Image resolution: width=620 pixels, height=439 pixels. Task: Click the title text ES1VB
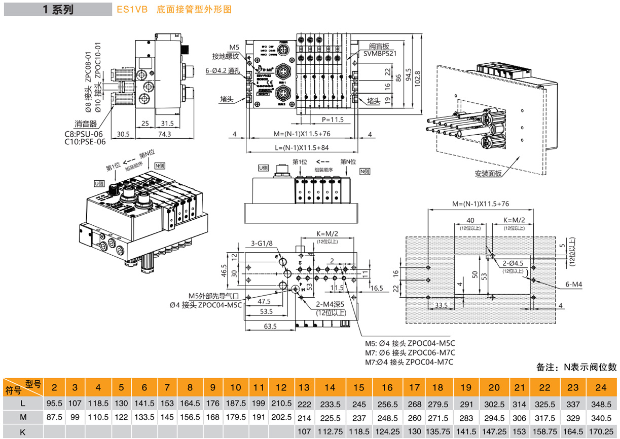[x=127, y=10]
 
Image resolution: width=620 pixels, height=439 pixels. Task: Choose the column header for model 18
[x=437, y=387]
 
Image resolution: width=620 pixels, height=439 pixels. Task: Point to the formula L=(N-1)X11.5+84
[x=302, y=147]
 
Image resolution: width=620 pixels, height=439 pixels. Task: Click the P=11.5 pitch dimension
[x=333, y=119]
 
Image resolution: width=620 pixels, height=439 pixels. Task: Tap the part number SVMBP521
[x=379, y=53]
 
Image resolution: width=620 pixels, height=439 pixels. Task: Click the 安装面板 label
[x=488, y=174]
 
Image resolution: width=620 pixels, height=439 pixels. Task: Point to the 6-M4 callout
[x=574, y=286]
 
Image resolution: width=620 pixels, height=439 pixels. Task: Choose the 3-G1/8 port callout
[x=262, y=243]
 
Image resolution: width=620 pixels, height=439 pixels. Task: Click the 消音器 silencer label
[x=86, y=124]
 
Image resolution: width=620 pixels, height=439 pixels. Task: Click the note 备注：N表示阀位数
[x=576, y=367]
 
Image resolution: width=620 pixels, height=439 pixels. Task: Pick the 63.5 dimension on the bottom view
[x=270, y=326]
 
